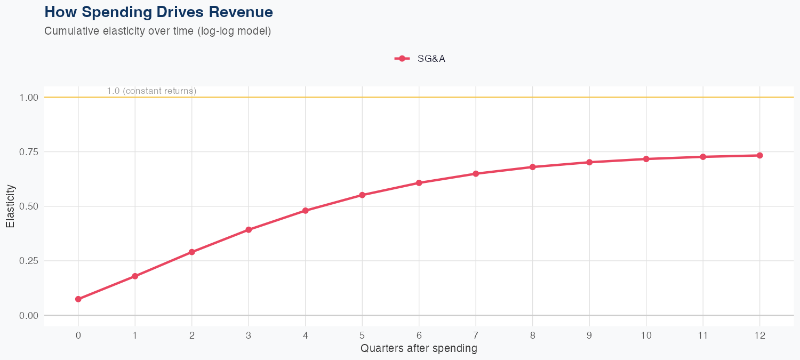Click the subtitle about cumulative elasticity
[157, 31]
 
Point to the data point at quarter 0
[78, 299]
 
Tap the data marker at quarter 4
[306, 211]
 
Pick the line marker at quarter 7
[476, 174]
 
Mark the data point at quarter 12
[759, 155]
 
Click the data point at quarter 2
[192, 252]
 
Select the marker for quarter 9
[589, 162]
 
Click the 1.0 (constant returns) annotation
[151, 91]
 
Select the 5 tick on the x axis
[362, 335]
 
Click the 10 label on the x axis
[646, 335]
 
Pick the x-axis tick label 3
[249, 335]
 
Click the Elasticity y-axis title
[10, 206]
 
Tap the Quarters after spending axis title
[419, 349]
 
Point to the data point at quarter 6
[419, 183]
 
